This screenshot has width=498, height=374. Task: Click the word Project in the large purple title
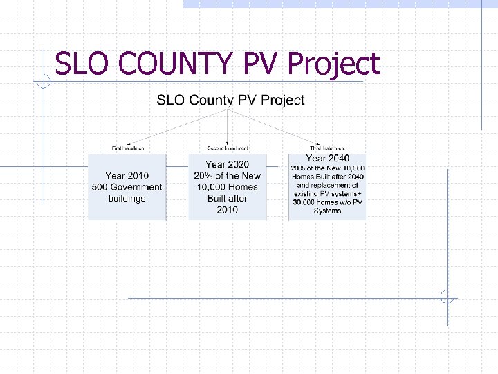click(333, 65)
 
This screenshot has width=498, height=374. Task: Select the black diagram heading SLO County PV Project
click(230, 100)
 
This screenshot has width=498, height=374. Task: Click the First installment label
click(128, 148)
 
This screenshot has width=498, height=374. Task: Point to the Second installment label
click(228, 148)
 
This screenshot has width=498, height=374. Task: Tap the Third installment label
click(327, 148)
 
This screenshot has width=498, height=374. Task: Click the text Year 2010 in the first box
click(127, 176)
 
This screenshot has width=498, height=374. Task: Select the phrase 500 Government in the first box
click(127, 187)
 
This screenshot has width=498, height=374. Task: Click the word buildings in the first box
click(127, 199)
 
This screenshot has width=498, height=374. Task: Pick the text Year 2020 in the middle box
click(227, 165)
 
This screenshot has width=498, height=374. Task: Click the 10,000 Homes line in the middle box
click(227, 187)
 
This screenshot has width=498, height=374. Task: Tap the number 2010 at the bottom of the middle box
click(227, 210)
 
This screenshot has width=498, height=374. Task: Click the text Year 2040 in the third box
click(327, 159)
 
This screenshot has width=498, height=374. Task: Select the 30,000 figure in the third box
click(306, 203)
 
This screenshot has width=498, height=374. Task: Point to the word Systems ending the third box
click(327, 211)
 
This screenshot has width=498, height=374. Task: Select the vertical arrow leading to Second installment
click(228, 128)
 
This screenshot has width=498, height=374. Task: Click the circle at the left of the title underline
click(44, 82)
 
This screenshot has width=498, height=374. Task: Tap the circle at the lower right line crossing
click(448, 298)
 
